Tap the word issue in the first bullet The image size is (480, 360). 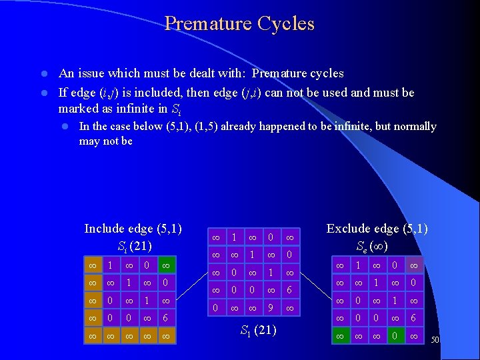tap(87, 73)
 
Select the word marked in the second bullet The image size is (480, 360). tap(77, 108)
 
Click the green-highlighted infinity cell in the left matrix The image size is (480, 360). tap(166, 266)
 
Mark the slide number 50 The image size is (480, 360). tap(436, 340)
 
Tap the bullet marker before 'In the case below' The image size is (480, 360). tap(65, 127)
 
